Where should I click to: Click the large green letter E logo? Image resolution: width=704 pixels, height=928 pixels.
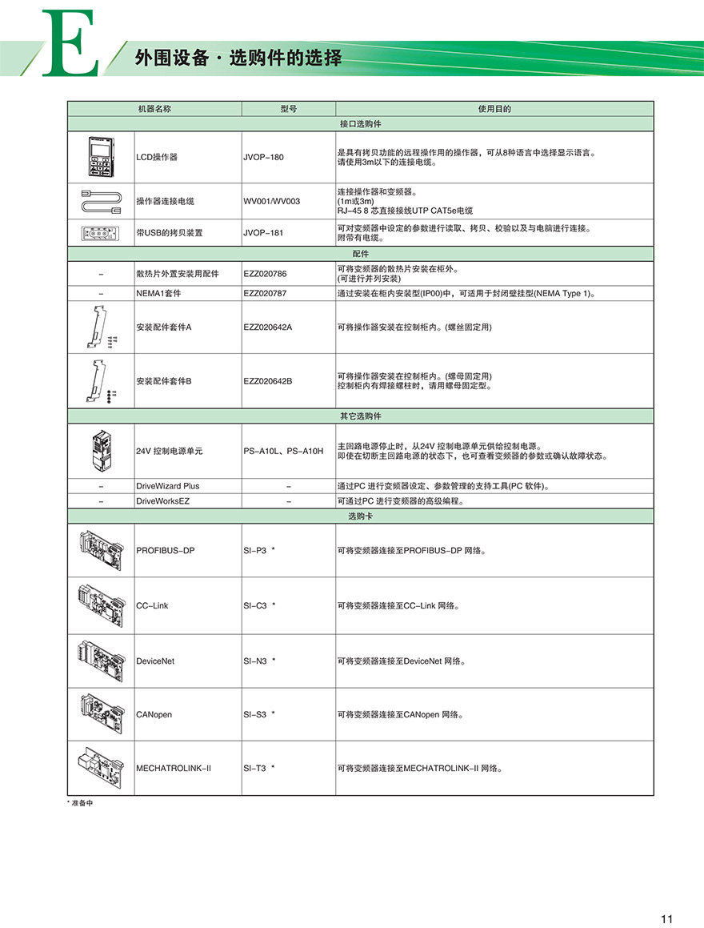coord(70,45)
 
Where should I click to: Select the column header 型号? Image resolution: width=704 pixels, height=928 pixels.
coord(288,109)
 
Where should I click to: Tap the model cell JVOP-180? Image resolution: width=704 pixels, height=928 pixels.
coord(263,157)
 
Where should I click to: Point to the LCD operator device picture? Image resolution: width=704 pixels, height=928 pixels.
coord(101,157)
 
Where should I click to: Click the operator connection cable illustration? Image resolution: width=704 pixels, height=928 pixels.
coord(101,200)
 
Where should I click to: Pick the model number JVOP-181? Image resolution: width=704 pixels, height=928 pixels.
coord(263,233)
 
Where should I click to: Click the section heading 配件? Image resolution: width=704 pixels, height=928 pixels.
coord(360,253)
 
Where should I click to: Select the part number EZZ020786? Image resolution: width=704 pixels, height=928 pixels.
coord(265,274)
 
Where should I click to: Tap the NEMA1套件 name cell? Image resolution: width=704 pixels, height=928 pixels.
coord(158,294)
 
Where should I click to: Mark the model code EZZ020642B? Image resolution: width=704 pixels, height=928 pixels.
coord(268,381)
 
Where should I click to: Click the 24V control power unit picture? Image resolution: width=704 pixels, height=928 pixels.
coord(101,451)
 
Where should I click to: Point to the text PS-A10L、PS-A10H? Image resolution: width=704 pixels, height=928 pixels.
coord(283,452)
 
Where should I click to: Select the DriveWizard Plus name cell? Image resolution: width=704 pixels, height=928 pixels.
coord(168,486)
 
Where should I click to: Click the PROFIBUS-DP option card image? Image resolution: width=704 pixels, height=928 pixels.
coord(101,550)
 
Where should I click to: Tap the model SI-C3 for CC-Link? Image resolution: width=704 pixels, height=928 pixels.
coord(255,605)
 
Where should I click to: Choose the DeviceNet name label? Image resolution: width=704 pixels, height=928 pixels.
coord(155,661)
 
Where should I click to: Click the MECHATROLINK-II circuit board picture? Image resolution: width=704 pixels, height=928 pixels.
coord(101,768)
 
